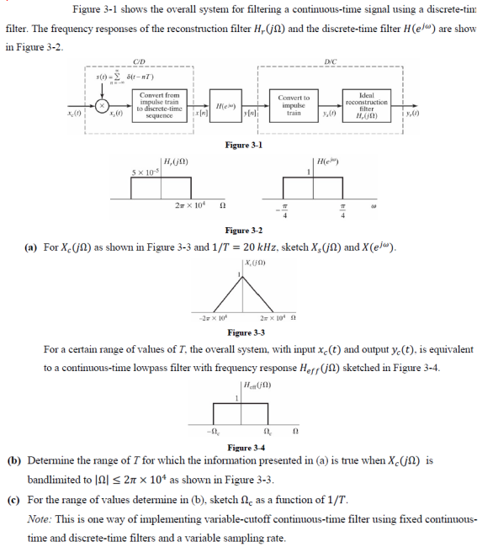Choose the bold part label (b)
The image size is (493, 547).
[14, 461]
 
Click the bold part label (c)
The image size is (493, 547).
[14, 497]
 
